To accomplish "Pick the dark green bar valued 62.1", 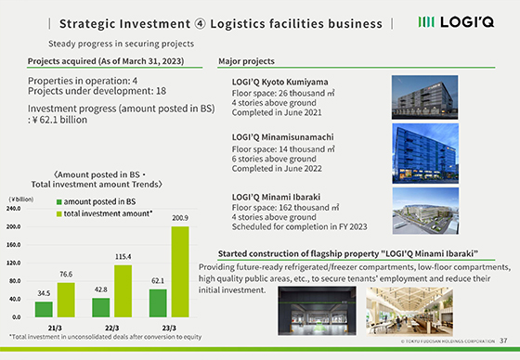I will coord(158,302).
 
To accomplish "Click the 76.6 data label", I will coord(65,275).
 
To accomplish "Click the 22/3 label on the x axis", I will coord(112,328).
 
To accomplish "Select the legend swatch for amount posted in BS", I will coord(59,201).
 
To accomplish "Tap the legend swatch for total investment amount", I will coord(59,213).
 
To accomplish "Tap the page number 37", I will coord(504,341).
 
